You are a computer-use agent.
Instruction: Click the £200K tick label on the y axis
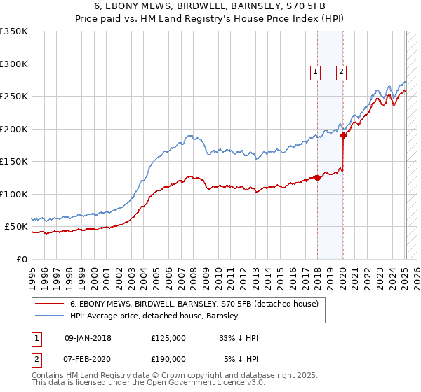pyautogui.click(x=13, y=129)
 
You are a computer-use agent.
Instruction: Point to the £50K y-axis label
pyautogui.click(x=16, y=227)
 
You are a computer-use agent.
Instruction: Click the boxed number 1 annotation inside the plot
pyautogui.click(x=315, y=71)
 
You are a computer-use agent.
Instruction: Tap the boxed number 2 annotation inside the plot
pyautogui.click(x=341, y=71)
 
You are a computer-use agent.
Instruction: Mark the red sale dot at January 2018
pyautogui.click(x=317, y=178)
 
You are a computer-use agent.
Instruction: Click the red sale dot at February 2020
pyautogui.click(x=343, y=136)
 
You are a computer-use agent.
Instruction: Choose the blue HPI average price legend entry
pyautogui.click(x=154, y=316)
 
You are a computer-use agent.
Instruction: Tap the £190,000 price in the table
pyautogui.click(x=168, y=359)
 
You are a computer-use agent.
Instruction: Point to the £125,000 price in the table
pyautogui.click(x=168, y=338)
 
